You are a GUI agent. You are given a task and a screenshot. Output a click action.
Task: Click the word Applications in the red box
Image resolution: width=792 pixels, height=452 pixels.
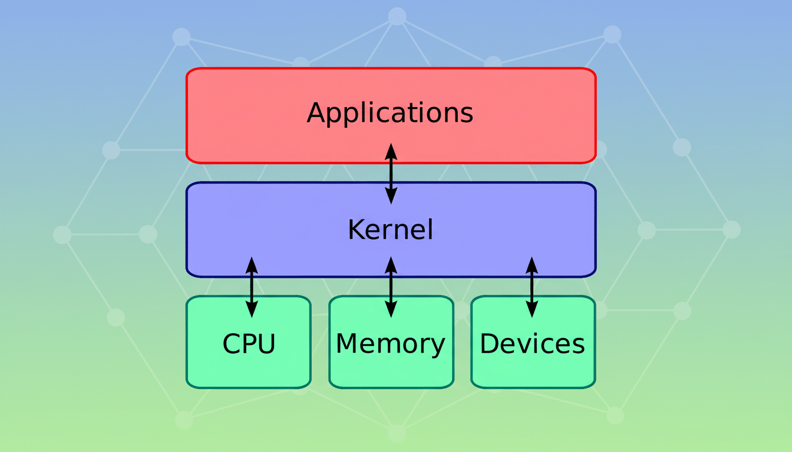point(390,112)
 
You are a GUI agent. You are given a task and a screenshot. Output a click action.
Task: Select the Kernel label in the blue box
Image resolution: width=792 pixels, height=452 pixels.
point(390,230)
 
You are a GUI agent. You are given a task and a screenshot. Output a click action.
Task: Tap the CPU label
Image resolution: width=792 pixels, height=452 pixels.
point(249,344)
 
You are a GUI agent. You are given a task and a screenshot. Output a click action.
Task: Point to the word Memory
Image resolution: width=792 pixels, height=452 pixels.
point(390,344)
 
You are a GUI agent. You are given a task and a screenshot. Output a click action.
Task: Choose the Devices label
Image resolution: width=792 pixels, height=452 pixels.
point(532,344)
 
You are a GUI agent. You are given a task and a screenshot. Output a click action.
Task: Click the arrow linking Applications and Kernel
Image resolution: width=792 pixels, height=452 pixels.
point(391,173)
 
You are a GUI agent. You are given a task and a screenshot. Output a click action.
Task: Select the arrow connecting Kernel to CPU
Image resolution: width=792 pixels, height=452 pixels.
point(252,287)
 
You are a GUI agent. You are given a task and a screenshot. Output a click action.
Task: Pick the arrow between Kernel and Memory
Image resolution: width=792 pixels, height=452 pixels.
point(391,287)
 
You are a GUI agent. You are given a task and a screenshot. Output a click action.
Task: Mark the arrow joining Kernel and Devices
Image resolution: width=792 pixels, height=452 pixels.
point(532,287)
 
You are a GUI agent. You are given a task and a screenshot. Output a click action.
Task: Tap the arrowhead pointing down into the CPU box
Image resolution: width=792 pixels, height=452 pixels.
point(252,310)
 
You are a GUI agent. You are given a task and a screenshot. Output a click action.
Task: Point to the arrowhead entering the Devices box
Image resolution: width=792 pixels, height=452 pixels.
point(532,310)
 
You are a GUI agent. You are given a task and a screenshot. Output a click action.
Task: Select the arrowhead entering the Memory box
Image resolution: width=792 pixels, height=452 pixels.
point(391,310)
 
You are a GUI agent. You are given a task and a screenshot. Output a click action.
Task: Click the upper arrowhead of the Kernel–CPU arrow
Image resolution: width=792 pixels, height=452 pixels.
point(252,264)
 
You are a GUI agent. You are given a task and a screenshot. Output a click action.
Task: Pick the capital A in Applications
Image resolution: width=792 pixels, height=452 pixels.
point(316,112)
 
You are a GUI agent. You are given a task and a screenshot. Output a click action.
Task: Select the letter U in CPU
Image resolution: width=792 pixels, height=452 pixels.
point(266,344)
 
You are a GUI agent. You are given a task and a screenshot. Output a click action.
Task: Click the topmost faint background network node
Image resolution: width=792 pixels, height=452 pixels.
point(397,16)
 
